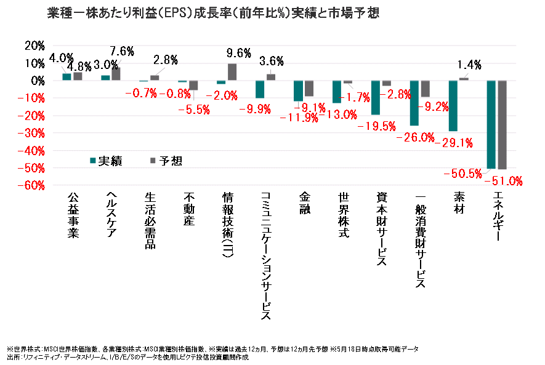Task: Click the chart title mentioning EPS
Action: tap(213, 13)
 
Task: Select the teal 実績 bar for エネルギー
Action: tap(491, 124)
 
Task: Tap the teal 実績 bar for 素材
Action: tap(453, 106)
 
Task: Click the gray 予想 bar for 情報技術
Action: tap(232, 72)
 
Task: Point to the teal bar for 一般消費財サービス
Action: tap(414, 103)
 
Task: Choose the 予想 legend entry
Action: tap(166, 161)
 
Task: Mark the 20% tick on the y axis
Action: tap(33, 46)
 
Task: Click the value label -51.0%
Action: tap(503, 181)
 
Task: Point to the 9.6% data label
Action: tap(238, 53)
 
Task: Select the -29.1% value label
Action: tap(453, 143)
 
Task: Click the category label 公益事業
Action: tap(73, 216)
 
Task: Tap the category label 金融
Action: tap(304, 204)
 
